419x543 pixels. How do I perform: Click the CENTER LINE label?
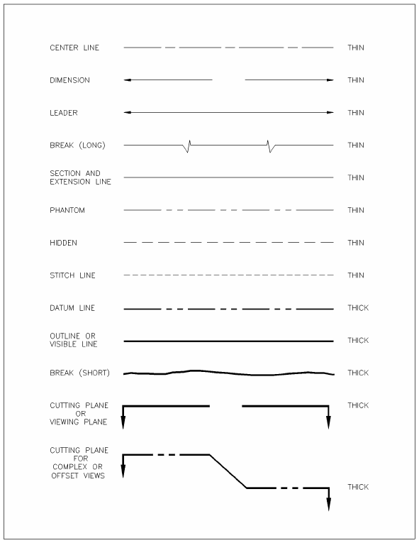(74, 48)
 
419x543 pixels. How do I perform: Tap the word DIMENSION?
(70, 80)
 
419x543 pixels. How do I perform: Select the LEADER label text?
(64, 113)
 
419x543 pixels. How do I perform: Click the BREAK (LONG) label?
(77, 146)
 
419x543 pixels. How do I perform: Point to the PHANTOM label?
(67, 210)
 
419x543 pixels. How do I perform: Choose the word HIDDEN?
(64, 243)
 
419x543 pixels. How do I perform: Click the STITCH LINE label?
(72, 275)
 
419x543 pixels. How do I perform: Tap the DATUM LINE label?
(72, 308)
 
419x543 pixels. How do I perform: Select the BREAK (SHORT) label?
(79, 373)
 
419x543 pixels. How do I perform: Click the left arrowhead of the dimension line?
(127, 80)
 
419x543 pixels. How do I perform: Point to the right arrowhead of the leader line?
(330, 113)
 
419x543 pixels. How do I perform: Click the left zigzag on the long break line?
(187, 146)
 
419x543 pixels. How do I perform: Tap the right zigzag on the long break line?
(270, 146)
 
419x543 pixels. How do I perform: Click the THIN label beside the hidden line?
(356, 243)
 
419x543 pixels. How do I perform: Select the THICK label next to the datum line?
(358, 308)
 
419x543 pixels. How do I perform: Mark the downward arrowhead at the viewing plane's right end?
(328, 422)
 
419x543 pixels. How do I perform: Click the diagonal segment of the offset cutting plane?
(228, 471)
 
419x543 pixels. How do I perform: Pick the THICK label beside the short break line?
(358, 373)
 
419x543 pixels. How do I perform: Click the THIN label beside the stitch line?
(356, 275)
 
